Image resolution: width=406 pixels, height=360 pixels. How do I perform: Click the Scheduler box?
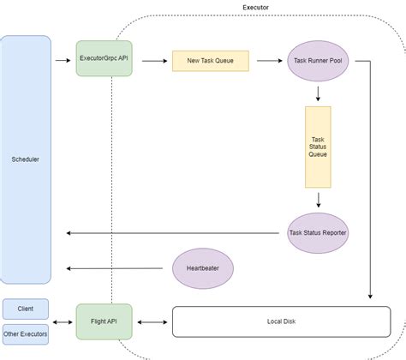point(26,159)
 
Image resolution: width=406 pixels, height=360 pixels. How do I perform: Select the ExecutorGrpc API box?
point(104,60)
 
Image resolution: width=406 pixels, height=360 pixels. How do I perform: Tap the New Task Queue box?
point(211,61)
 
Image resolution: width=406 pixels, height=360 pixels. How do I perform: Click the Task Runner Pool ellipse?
point(318,61)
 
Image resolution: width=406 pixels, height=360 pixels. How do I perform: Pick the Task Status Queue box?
point(318,147)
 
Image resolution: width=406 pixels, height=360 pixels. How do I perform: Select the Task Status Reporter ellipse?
point(318,232)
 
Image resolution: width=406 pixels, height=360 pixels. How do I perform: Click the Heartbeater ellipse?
point(203,269)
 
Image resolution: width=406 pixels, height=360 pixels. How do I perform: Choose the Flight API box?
point(104,321)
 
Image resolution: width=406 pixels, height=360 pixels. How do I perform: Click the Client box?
point(26,307)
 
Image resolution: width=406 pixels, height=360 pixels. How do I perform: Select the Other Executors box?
point(26,333)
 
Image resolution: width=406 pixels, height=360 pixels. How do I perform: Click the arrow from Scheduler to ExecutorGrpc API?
point(63,61)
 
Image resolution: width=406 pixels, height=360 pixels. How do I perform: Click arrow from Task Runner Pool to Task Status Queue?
point(318,93)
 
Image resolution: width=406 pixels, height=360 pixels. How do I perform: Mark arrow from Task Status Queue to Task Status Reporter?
point(318,200)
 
